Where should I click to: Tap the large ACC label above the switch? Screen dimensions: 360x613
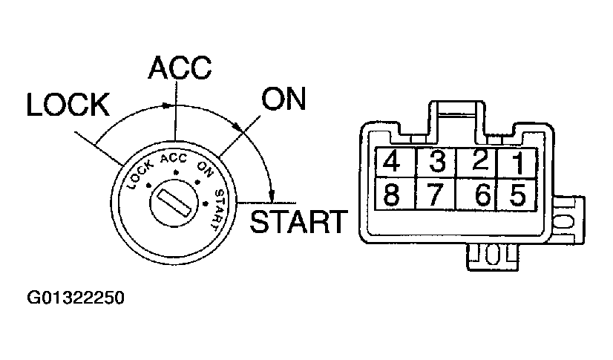point(180,68)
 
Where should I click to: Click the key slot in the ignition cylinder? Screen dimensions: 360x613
point(175,201)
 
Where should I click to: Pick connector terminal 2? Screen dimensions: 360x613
point(479,160)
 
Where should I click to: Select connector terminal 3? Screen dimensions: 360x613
point(437,161)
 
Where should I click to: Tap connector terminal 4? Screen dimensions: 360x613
point(393,161)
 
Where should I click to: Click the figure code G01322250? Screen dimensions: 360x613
point(74,299)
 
